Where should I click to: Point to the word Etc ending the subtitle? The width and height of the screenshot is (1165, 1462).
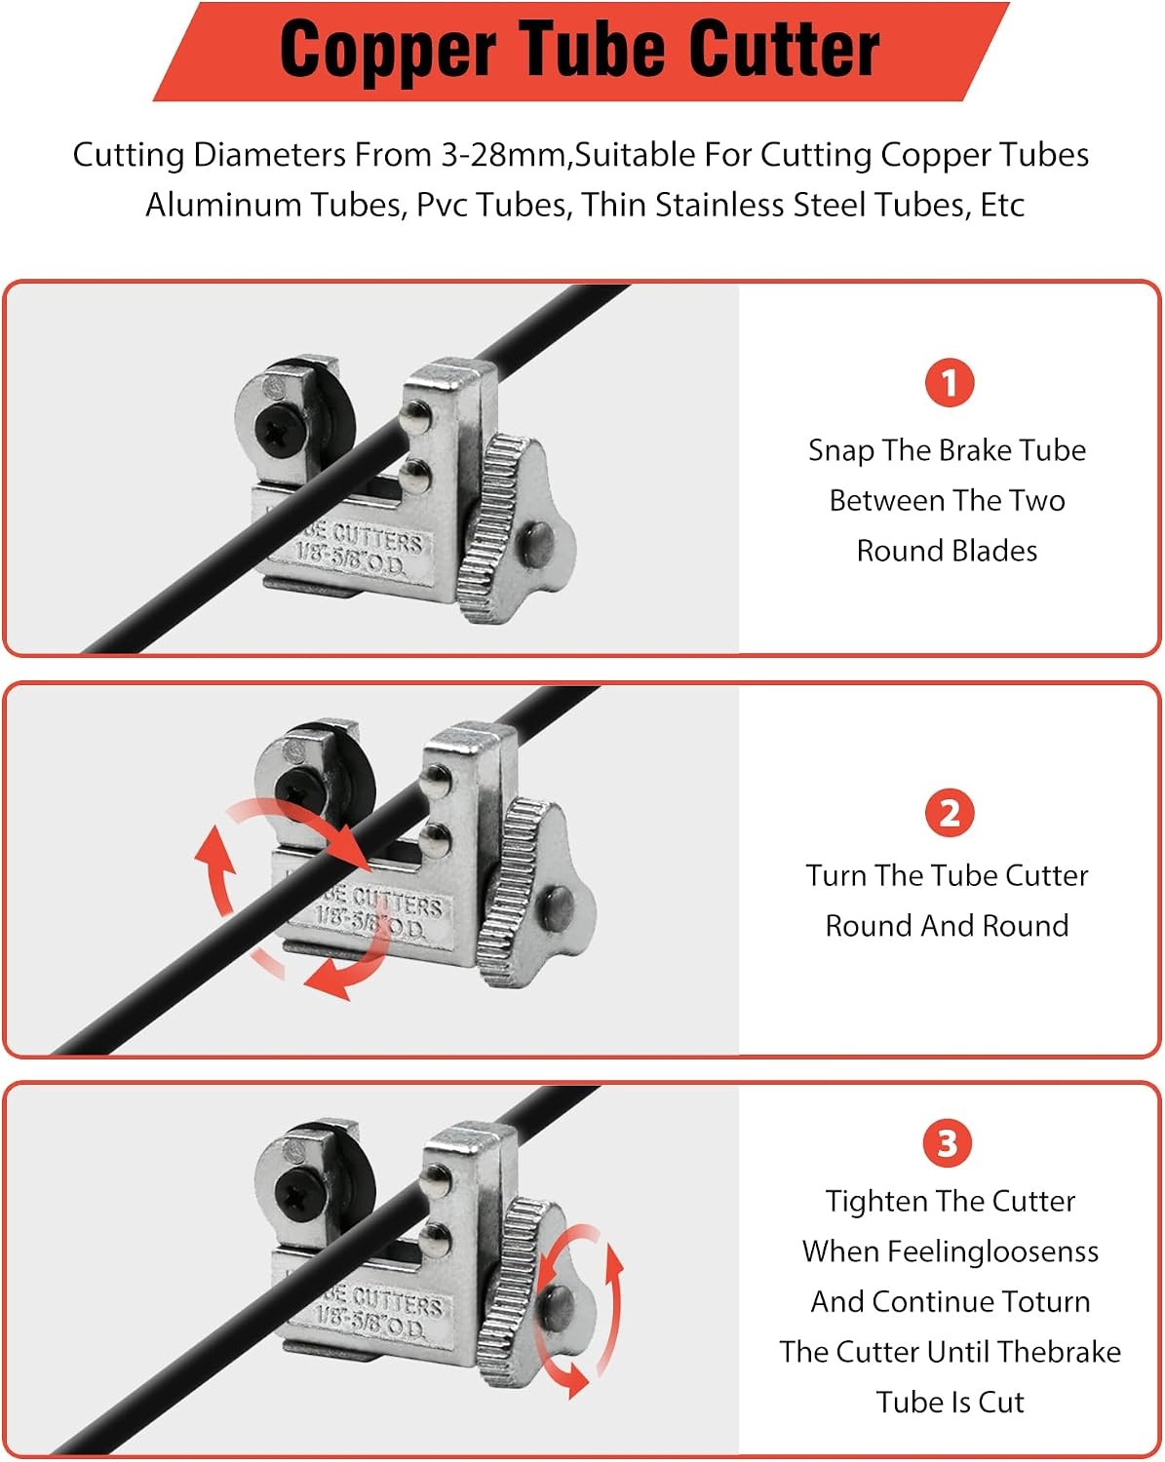pos(1002,205)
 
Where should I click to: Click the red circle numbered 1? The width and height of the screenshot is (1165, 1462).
pos(950,382)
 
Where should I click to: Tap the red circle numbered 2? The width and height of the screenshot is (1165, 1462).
pos(950,813)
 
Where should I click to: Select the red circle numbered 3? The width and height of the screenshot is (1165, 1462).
pos(948,1143)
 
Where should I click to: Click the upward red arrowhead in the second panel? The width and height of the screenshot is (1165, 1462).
pos(214,849)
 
